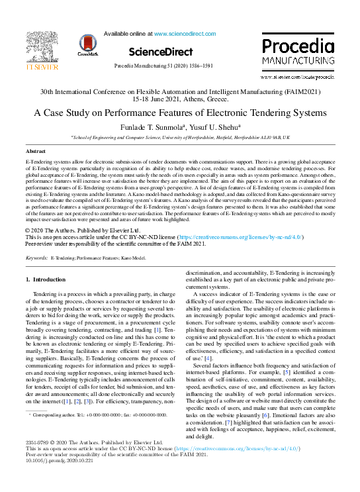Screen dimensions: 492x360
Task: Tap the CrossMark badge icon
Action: pyautogui.click(x=88, y=45)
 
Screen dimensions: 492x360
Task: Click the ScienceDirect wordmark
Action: pyautogui.click(x=159, y=52)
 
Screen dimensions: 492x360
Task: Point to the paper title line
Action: pyautogui.click(x=180, y=112)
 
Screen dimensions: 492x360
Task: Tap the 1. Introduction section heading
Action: pyautogui.click(x=46, y=280)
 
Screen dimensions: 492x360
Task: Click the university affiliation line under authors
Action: pyautogui.click(x=180, y=136)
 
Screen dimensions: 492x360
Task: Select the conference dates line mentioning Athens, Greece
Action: pyautogui.click(x=180, y=98)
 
